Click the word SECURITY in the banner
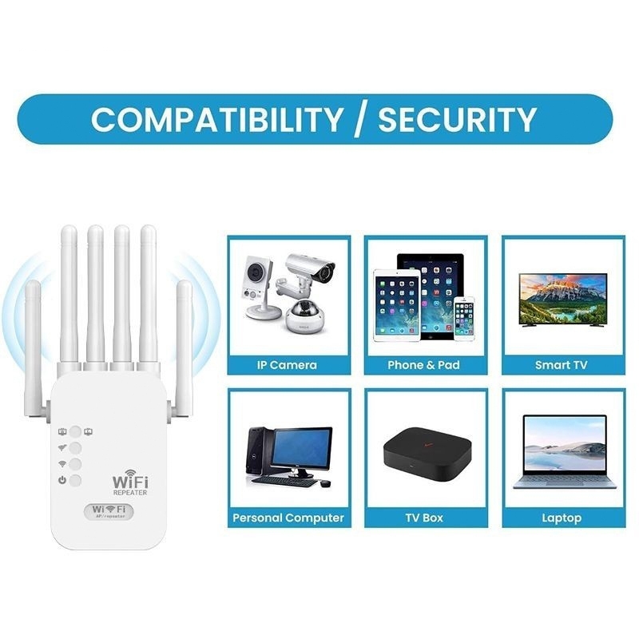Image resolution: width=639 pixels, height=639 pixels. [x=456, y=119]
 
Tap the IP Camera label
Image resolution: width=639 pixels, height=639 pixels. [x=287, y=365]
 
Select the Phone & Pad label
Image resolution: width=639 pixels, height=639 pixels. [x=423, y=365]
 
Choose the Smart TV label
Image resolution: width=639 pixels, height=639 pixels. [x=562, y=365]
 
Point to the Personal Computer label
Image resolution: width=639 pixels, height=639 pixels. [x=288, y=518]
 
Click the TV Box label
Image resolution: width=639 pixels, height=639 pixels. [x=423, y=518]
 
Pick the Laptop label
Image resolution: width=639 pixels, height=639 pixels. [x=562, y=518]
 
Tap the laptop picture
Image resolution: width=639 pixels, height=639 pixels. [x=563, y=451]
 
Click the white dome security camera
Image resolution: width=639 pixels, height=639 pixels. [x=305, y=317]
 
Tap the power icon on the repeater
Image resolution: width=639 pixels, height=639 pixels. [x=62, y=480]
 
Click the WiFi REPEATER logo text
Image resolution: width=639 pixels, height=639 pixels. [x=130, y=485]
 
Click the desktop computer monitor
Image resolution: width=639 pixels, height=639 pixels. [x=301, y=450]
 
